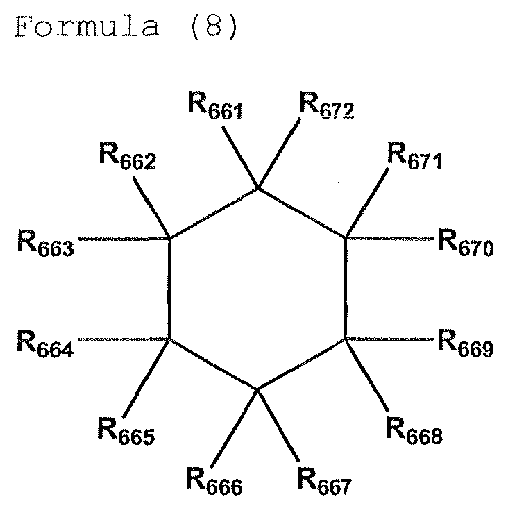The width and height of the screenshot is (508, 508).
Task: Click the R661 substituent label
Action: [215, 107]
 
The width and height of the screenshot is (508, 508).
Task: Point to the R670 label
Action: [466, 243]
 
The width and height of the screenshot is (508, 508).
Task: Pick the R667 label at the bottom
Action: [325, 481]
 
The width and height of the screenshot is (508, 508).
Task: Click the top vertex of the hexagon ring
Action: [258, 188]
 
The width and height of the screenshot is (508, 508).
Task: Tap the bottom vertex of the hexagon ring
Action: [257, 391]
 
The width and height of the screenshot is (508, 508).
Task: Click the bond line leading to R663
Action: [125, 239]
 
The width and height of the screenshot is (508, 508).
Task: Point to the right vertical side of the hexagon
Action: [346, 289]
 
